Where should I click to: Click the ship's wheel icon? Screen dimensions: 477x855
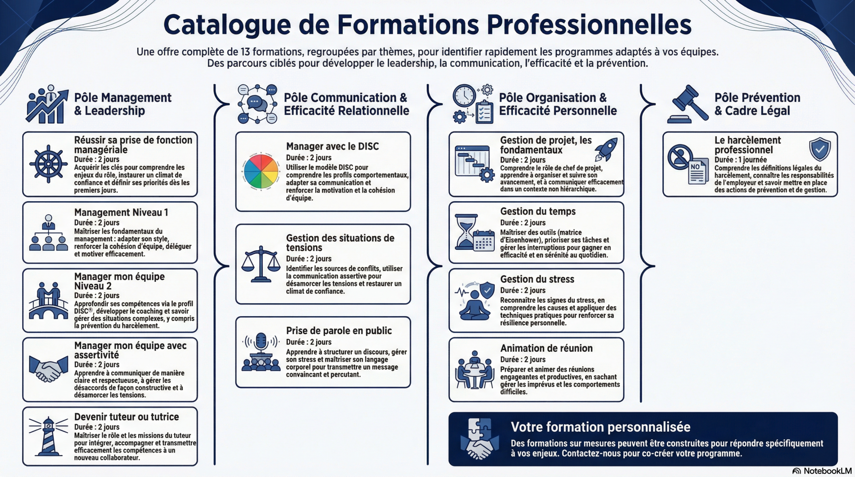[48, 164]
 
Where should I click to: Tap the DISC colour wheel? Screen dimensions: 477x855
[261, 172]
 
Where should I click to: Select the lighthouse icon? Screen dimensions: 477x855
[49, 436]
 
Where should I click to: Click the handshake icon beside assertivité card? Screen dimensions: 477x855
[48, 369]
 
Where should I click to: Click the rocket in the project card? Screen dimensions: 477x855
[607, 150]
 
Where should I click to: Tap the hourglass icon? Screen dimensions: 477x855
[467, 232]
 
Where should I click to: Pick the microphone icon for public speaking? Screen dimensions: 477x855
[261, 342]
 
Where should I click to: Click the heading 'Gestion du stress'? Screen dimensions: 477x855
[537, 279]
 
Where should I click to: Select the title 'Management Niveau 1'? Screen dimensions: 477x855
[121, 212]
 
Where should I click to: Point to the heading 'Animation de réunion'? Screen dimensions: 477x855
[546, 348]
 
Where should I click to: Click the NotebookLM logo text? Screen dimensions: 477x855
[827, 471]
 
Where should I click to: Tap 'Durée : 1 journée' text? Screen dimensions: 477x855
[740, 160]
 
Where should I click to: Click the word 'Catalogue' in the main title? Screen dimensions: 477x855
[227, 25]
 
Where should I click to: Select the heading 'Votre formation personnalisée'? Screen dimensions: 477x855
[601, 427]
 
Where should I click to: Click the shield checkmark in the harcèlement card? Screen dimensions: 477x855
[820, 149]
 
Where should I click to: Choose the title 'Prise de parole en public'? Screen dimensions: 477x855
[339, 330]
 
